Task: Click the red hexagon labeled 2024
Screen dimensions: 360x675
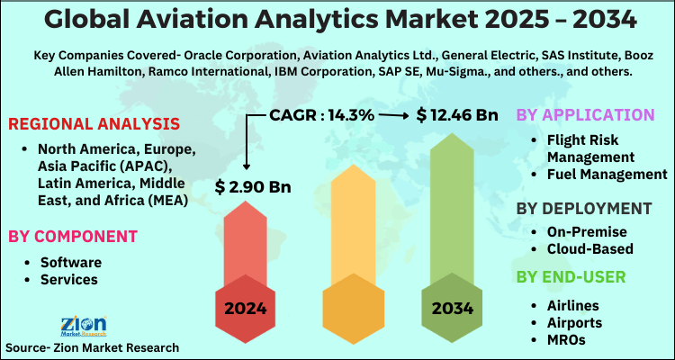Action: tap(246, 308)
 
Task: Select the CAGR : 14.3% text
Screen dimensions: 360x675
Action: tap(321, 115)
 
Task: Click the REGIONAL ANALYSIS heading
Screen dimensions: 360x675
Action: tap(94, 123)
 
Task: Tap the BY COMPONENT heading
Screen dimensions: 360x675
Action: tap(73, 236)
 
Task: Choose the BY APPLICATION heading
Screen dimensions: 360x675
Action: tap(585, 115)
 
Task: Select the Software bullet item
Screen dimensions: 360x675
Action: tap(70, 262)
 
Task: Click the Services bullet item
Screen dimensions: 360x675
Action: tap(69, 279)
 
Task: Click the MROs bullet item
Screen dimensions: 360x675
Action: tap(567, 339)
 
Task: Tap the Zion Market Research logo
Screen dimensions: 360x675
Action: tap(83, 326)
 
